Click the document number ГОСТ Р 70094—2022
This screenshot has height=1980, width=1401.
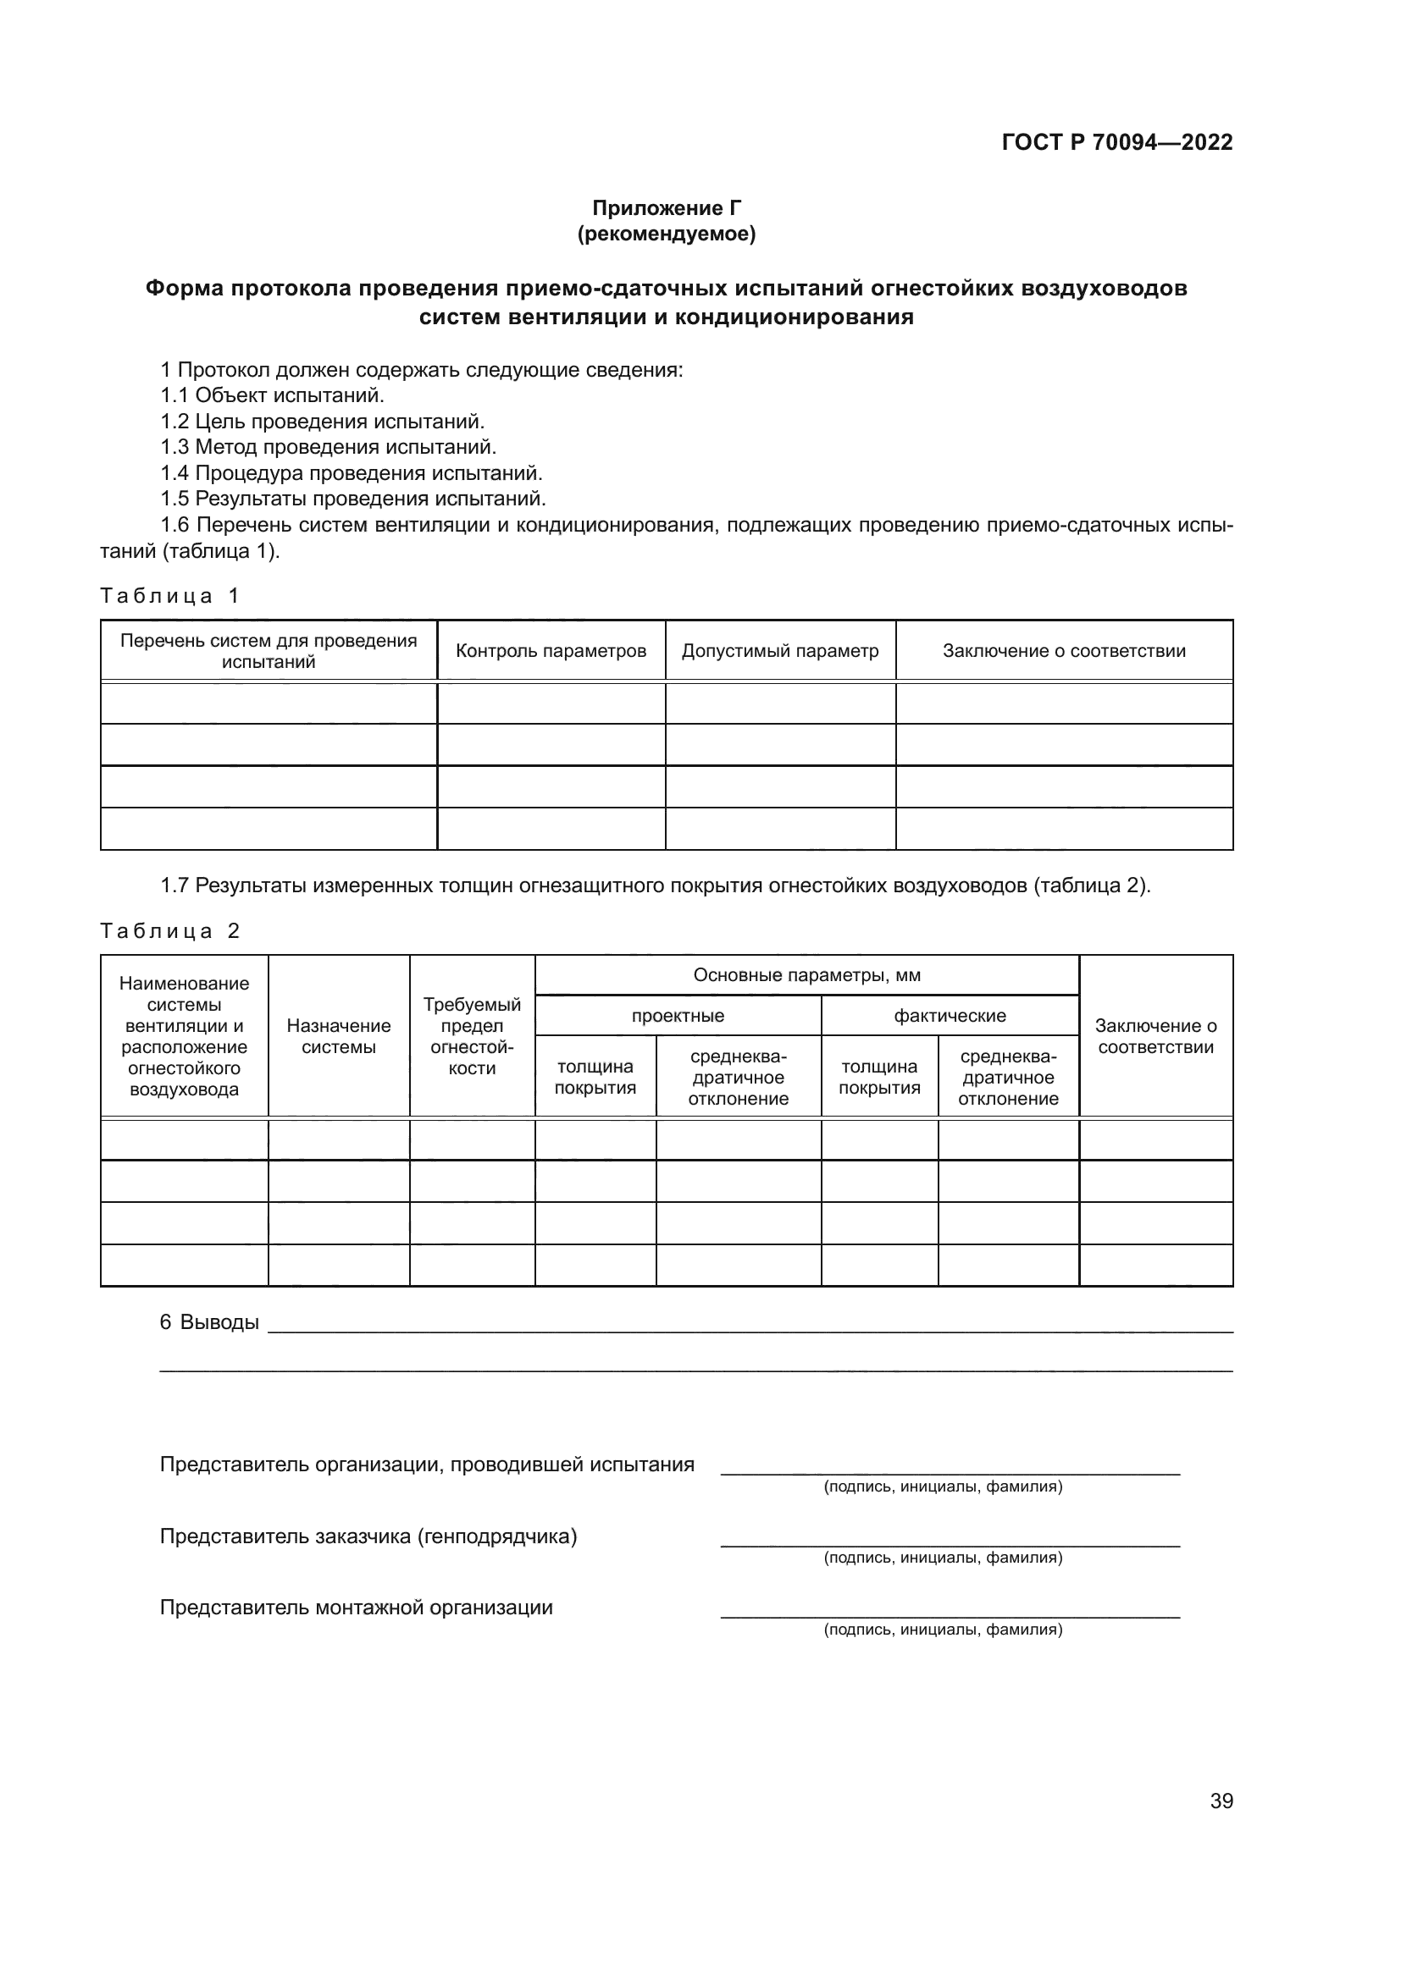click(1116, 142)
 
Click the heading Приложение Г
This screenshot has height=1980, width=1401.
click(666, 208)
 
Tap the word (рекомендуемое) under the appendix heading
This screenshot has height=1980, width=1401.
click(666, 234)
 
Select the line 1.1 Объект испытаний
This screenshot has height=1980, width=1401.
click(272, 395)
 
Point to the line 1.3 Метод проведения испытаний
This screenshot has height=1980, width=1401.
click(328, 447)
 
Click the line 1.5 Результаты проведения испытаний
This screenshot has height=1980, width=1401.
click(353, 499)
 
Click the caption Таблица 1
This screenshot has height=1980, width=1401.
click(169, 596)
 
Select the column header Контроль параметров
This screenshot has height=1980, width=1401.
click(551, 651)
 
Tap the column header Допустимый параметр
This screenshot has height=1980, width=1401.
click(780, 651)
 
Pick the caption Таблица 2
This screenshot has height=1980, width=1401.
click(169, 930)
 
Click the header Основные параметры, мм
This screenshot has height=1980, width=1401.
click(806, 975)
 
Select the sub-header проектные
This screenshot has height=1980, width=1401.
click(678, 1016)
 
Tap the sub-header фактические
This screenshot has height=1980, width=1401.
click(949, 1016)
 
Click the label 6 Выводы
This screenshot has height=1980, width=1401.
click(209, 1322)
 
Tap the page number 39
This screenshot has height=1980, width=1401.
click(1221, 1801)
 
